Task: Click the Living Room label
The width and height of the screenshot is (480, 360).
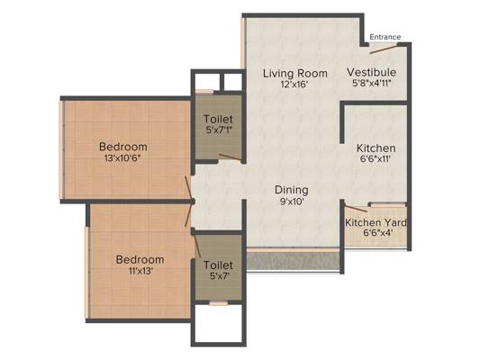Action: (294, 73)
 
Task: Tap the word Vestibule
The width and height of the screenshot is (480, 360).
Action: (372, 73)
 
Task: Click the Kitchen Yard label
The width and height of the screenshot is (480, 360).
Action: (376, 222)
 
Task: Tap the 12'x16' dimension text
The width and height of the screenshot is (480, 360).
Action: (294, 85)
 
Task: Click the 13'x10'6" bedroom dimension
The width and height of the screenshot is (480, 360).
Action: (123, 158)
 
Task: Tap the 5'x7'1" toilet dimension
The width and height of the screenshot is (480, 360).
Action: (218, 130)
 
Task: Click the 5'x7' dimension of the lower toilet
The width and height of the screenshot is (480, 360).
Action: (218, 277)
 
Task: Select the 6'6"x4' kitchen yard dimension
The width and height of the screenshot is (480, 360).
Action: (376, 234)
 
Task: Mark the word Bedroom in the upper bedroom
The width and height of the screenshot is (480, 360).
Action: (123, 147)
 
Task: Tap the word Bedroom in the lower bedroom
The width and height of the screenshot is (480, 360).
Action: (140, 260)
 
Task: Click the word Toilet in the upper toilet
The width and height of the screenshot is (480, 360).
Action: (218, 119)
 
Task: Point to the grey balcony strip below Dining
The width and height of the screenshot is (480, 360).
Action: (293, 260)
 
